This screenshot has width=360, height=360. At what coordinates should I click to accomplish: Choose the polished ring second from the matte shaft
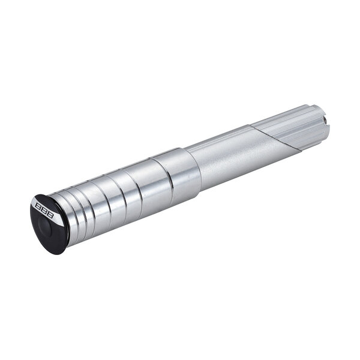pos(141,189)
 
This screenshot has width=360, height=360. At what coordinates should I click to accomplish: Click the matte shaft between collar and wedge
pos(222,157)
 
